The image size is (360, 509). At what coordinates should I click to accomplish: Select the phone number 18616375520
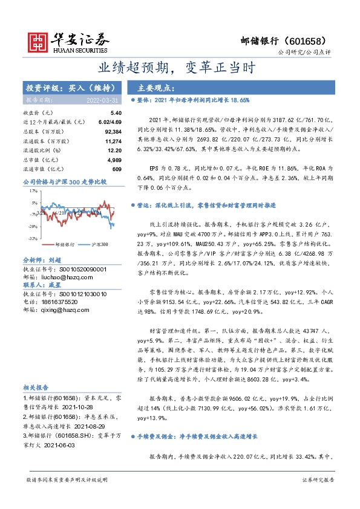pos(59,301)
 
